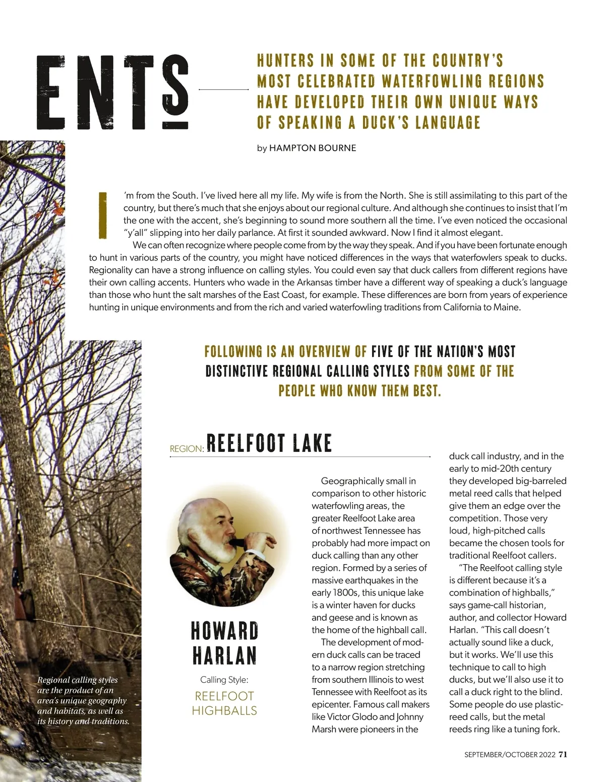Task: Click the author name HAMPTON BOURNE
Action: [313, 148]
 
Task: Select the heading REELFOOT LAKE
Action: [269, 444]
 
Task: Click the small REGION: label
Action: [187, 449]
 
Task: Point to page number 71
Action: [563, 754]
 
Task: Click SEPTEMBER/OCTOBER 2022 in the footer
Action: [509, 755]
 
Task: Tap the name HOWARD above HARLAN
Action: [224, 631]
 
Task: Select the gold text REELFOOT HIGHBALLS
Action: [224, 703]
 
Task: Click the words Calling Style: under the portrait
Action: [224, 680]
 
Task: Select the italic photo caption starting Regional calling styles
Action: [83, 700]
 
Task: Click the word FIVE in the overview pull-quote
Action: [385, 351]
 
